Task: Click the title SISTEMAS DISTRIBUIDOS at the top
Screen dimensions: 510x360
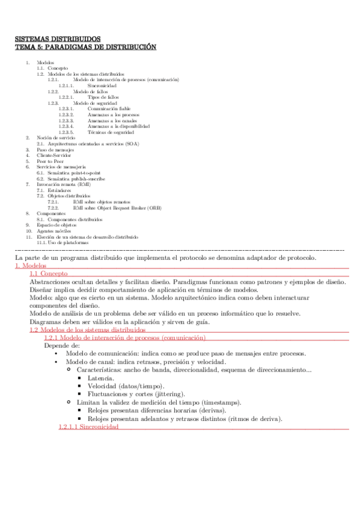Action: tap(58, 39)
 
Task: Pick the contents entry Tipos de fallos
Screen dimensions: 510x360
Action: tap(103, 97)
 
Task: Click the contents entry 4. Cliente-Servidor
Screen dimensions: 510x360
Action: tap(57, 155)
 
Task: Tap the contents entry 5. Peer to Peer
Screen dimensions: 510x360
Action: tap(52, 161)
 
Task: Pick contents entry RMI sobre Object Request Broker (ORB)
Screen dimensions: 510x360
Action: tap(126, 207)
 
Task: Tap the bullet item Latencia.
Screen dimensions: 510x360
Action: tap(102, 378)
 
